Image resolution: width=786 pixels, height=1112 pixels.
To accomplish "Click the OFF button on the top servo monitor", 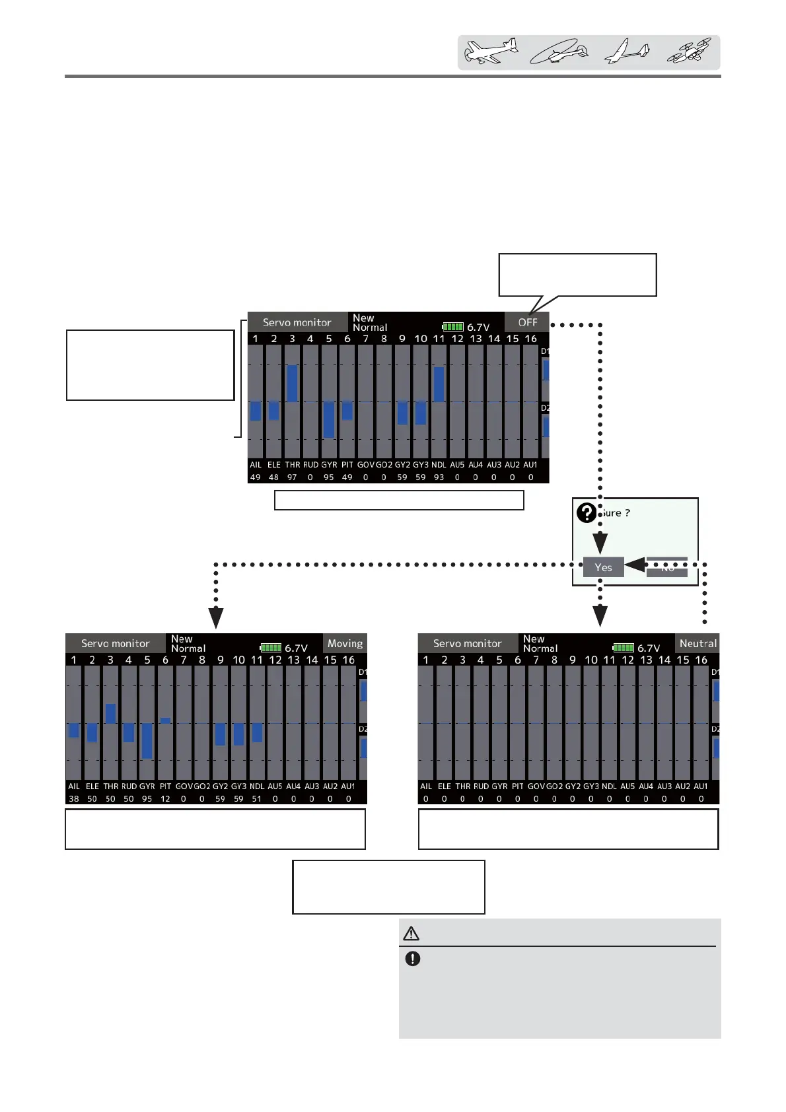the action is click(x=527, y=322).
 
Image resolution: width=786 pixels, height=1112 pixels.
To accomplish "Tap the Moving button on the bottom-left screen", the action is click(x=345, y=643).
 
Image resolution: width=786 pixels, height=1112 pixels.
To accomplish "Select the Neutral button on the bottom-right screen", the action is click(x=697, y=643).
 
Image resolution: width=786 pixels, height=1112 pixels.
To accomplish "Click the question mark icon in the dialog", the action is click(x=586, y=513).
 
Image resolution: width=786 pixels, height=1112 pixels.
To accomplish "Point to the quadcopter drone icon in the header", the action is click(x=689, y=52).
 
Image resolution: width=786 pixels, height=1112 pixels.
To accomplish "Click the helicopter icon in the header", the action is click(x=559, y=52).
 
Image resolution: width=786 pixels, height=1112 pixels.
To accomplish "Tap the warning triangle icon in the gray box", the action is click(x=411, y=933).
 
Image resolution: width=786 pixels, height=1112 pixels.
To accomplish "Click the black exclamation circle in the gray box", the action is click(x=413, y=959).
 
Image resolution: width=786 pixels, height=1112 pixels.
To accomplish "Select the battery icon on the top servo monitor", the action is click(x=452, y=327).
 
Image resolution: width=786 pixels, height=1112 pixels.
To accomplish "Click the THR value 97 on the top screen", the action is click(x=292, y=477).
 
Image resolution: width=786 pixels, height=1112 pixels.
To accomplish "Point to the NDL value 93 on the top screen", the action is click(x=439, y=477).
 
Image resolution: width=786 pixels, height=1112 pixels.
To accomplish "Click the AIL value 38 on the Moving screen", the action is click(x=74, y=798).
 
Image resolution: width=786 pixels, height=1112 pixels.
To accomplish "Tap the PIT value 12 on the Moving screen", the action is click(x=165, y=798).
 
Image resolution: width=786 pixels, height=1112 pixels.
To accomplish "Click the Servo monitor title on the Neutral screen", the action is click(x=467, y=643).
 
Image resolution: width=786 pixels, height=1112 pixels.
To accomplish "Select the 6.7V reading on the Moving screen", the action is click(x=296, y=648).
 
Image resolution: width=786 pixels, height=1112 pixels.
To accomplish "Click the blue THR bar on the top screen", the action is click(x=292, y=383).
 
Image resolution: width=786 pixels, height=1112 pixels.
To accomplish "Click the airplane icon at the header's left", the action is click(x=491, y=52).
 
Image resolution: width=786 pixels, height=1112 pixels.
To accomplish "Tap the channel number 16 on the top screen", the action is click(x=530, y=339).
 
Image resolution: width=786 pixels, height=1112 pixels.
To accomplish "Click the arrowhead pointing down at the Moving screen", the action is click(x=216, y=619).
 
